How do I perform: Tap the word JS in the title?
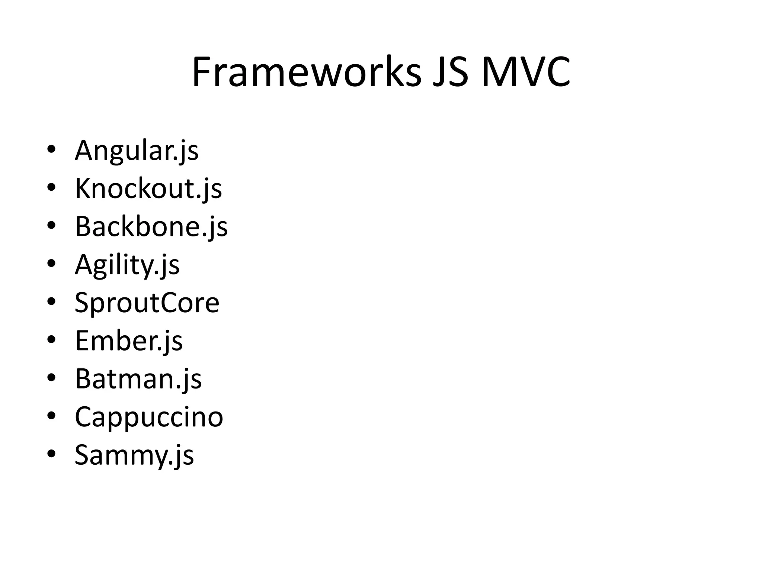click(451, 72)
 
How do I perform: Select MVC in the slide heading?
click(525, 72)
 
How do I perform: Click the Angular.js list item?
click(137, 151)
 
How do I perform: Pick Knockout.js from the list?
click(148, 188)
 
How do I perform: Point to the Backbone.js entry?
click(151, 226)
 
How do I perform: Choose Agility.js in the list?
click(127, 265)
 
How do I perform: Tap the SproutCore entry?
click(147, 303)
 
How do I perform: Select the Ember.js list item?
click(129, 341)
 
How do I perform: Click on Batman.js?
click(138, 379)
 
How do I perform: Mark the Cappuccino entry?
click(149, 417)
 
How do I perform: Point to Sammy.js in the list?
click(134, 455)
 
